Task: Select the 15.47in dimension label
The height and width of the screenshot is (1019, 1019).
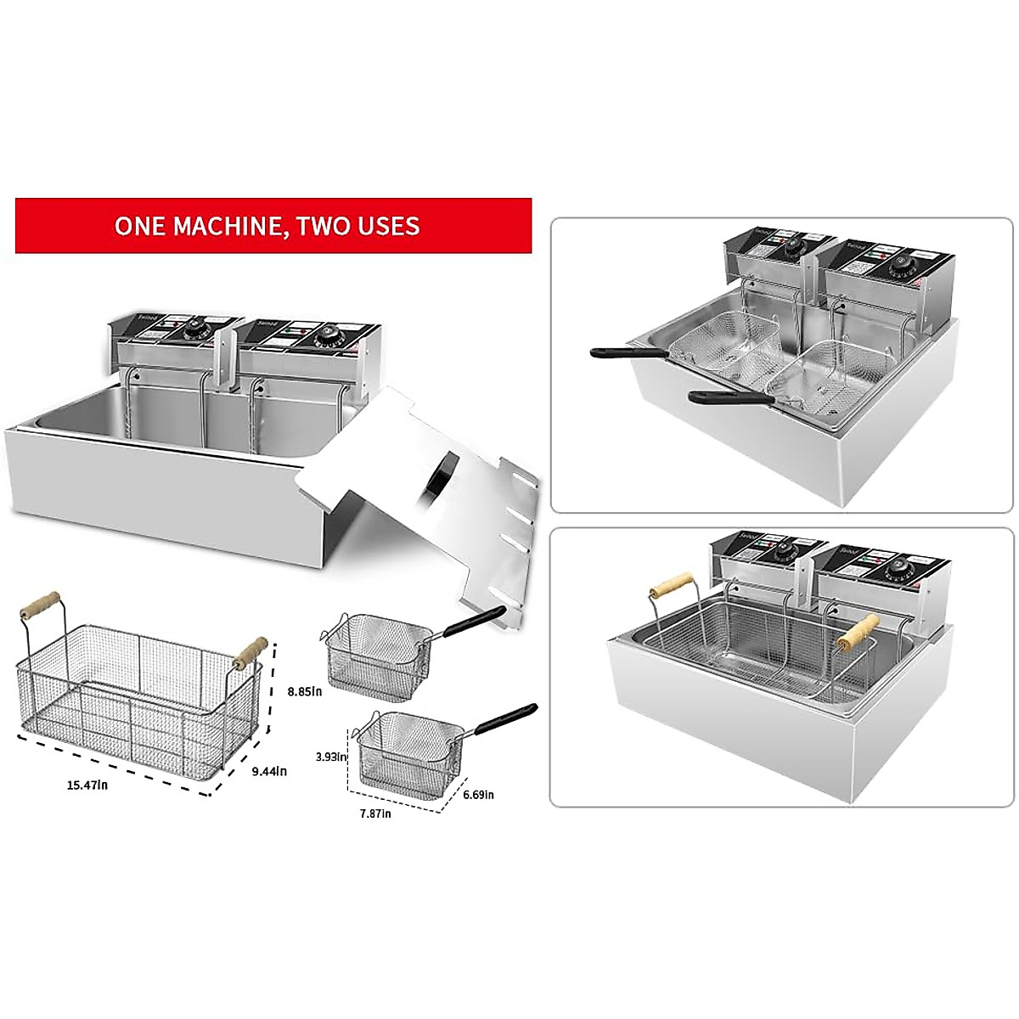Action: [87, 785]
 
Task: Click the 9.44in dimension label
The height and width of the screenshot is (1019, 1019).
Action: [269, 771]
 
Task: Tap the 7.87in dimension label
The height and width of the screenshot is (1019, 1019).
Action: [374, 814]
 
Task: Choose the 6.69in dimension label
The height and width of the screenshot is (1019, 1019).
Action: [478, 795]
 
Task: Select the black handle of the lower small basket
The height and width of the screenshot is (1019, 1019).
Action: [507, 718]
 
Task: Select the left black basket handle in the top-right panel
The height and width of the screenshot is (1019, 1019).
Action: [616, 350]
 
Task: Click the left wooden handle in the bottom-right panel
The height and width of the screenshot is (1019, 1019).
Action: [669, 587]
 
